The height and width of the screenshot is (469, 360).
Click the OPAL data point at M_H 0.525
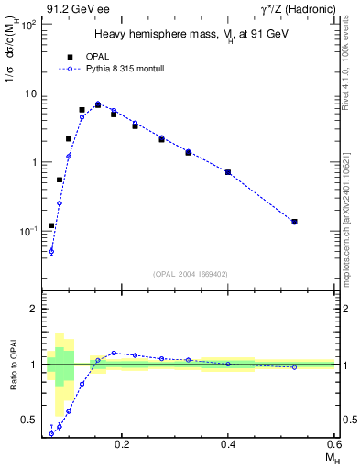pos(294,222)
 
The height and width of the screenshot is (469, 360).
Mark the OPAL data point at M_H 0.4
pos(228,172)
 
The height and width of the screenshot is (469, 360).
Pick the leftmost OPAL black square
pos(51,225)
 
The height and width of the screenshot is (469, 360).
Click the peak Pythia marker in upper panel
pos(98,104)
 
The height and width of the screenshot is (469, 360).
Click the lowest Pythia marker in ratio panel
pos(51,433)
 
